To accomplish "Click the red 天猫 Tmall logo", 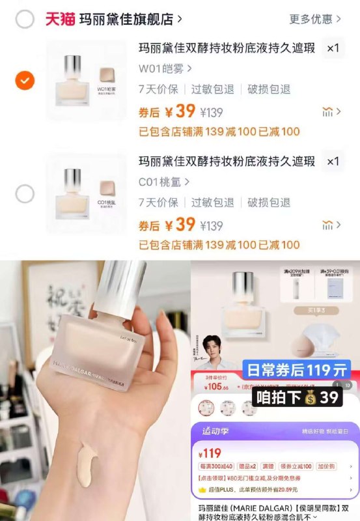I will (x=60, y=19).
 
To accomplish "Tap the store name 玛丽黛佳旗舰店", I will (x=126, y=20).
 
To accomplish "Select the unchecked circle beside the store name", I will (x=25, y=20).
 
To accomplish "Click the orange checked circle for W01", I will (x=25, y=81).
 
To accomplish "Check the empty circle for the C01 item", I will (x=25, y=193).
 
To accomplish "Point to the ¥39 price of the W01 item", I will (x=180, y=111).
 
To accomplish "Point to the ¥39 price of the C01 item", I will (x=180, y=225).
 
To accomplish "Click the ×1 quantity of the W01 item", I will (x=333, y=49).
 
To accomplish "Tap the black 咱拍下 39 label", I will (x=297, y=396).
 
